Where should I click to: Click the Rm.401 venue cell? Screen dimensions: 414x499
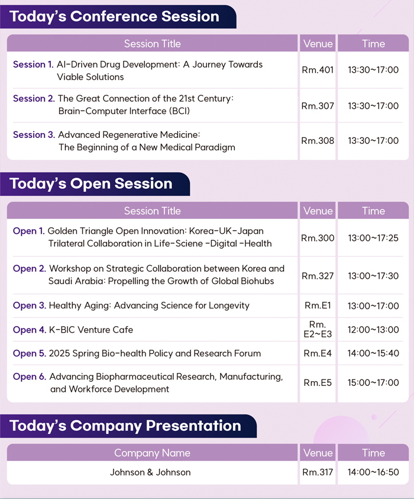tap(318, 70)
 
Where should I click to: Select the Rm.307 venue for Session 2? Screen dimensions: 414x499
tap(318, 105)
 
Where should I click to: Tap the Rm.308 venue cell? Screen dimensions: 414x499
tap(318, 141)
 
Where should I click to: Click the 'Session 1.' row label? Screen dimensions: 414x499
tap(33, 65)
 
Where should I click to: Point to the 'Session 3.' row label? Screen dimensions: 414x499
tap(34, 134)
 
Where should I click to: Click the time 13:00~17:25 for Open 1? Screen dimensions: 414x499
tap(373, 238)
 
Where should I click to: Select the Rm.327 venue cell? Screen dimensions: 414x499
tap(318, 276)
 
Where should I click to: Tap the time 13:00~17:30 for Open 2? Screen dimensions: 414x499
tap(373, 276)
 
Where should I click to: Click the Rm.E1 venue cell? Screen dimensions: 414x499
tap(318, 305)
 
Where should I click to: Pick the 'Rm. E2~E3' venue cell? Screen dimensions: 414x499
tap(318, 329)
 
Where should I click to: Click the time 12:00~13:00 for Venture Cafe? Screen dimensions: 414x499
tap(373, 330)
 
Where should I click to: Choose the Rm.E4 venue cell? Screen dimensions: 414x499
tap(318, 353)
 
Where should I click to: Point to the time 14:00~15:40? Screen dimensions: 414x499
tap(373, 353)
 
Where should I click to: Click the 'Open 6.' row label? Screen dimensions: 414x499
tap(30, 376)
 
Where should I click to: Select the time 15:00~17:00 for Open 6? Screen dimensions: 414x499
tap(373, 382)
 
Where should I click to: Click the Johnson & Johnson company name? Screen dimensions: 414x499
tap(150, 472)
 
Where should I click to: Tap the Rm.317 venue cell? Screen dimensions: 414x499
tap(318, 472)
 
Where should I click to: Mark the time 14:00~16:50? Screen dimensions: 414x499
tap(373, 472)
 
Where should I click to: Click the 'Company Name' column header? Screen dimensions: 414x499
tap(153, 453)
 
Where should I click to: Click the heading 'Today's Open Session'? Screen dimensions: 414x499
tap(91, 183)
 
